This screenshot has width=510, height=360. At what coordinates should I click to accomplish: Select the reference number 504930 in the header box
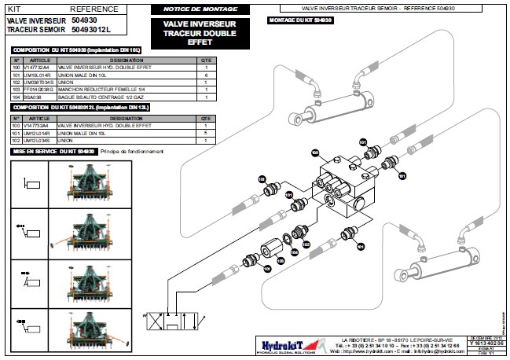click(84, 19)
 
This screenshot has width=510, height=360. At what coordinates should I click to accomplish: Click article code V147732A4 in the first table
click(38, 68)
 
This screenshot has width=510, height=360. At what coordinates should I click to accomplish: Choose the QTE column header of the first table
click(206, 61)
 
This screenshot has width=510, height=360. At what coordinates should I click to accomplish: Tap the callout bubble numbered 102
click(306, 244)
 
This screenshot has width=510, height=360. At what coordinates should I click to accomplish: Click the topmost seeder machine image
click(83, 182)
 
